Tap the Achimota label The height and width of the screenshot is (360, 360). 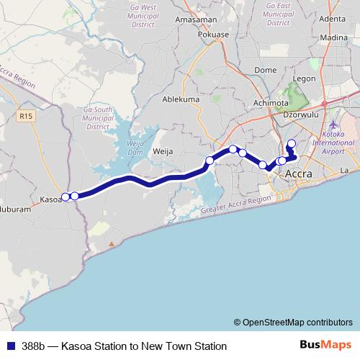(271, 103)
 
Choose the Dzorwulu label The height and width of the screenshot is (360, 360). (302, 114)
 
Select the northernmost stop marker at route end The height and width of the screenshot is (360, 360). (291, 143)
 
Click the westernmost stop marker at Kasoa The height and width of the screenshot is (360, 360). (66, 196)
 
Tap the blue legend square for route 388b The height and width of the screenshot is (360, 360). (9, 346)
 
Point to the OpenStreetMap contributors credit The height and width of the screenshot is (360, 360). (292, 323)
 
